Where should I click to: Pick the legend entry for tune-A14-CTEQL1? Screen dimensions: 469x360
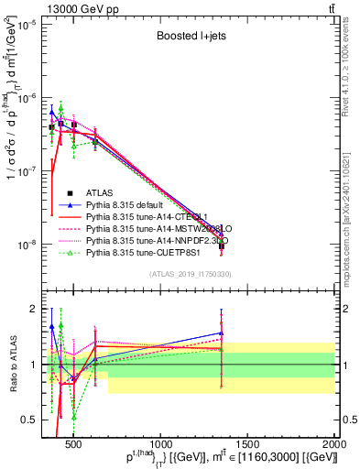(x=147, y=217)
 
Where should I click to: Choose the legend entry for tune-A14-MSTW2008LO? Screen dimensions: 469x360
(x=155, y=229)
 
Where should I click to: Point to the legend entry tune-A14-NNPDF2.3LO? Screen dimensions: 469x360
(x=156, y=241)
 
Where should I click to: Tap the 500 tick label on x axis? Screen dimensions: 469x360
(x=75, y=442)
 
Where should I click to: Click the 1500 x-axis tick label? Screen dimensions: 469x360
(x=248, y=442)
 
